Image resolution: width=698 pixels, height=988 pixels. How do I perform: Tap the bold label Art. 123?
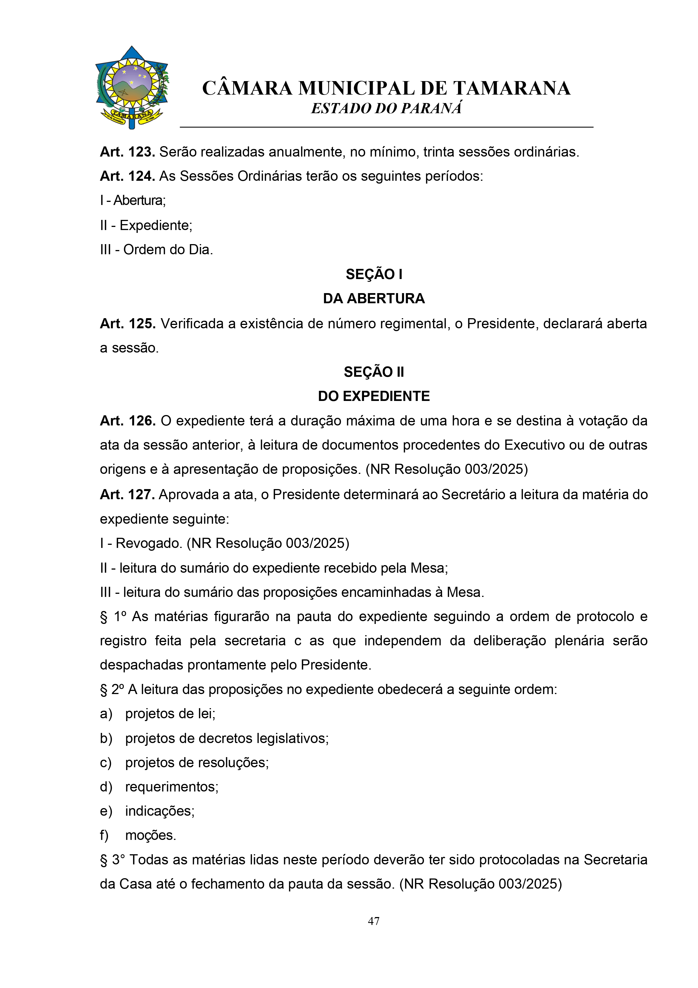pos(127,152)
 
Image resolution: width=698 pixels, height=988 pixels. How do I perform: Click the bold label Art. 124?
pos(127,176)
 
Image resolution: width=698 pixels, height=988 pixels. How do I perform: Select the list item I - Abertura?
pos(133,200)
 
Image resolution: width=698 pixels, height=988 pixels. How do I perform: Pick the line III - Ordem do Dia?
pos(156,249)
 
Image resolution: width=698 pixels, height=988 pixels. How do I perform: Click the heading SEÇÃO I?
pos(373,274)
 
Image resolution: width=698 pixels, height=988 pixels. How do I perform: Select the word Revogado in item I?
pos(149,543)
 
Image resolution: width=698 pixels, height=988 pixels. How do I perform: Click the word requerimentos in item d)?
pos(172,787)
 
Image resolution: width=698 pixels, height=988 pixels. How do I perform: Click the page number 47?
pos(373,921)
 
